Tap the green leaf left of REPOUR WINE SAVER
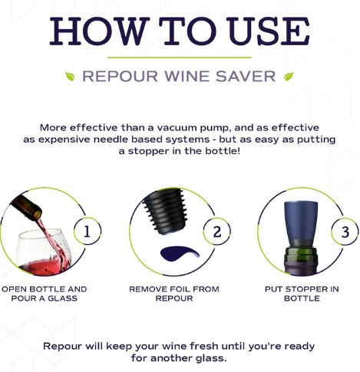70,77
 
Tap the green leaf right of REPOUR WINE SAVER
289,77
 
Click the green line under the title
179,58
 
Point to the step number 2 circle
217,231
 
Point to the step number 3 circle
345,231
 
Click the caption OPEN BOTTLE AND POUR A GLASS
45,294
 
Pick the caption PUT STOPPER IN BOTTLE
302,294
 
